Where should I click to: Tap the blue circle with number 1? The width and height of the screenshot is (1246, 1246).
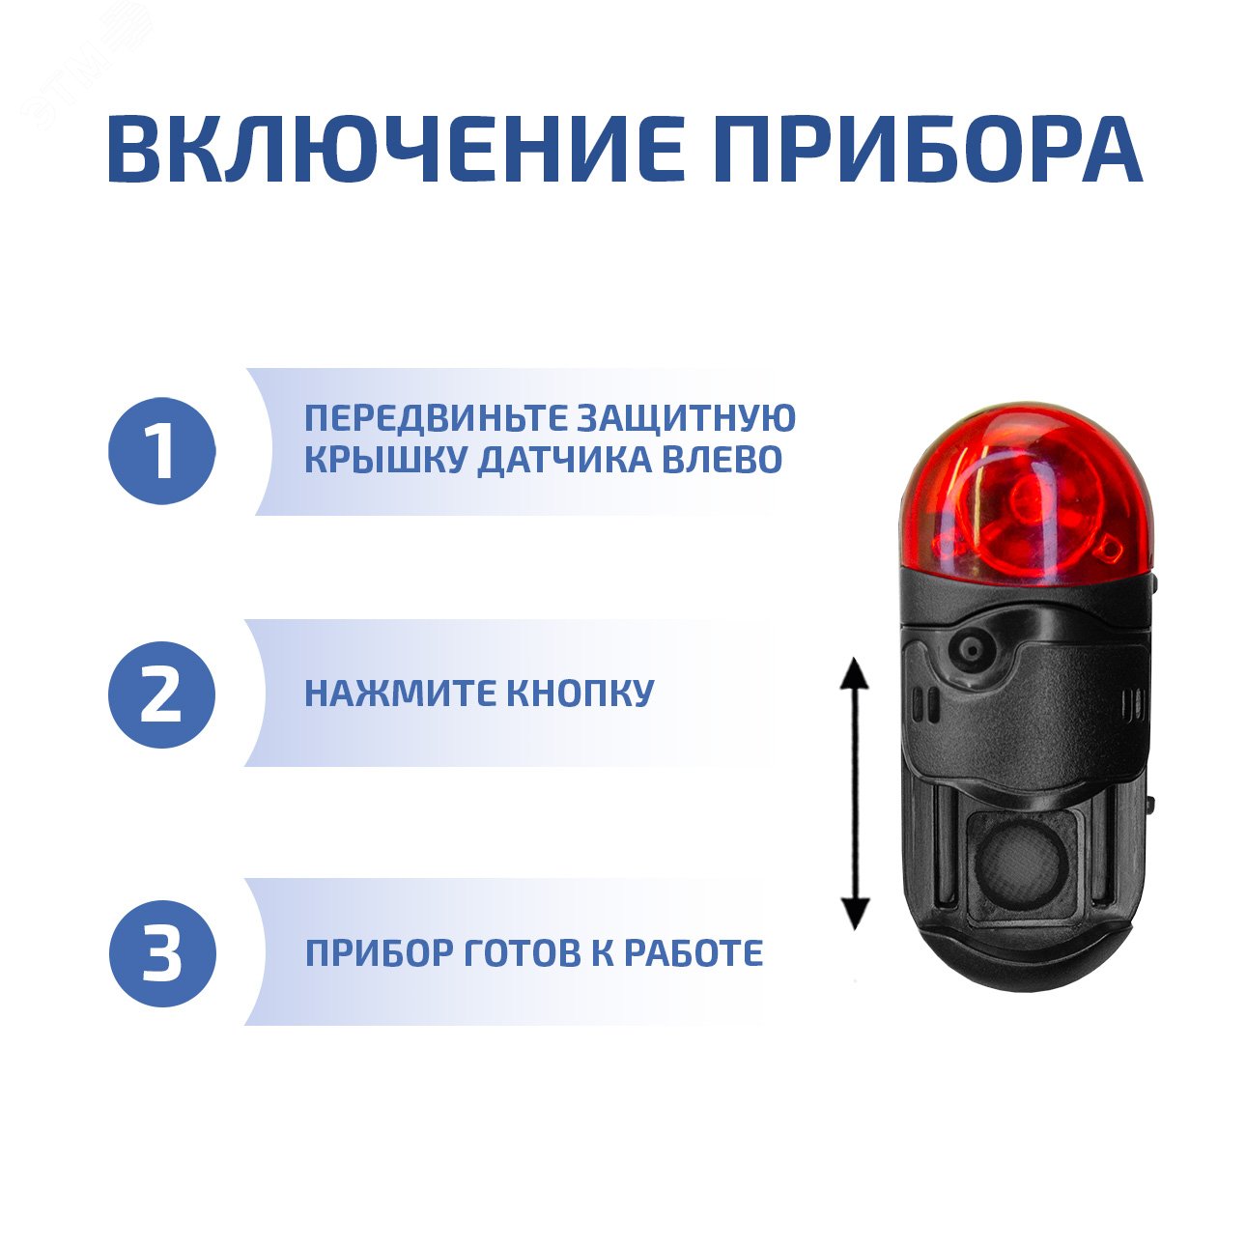160,451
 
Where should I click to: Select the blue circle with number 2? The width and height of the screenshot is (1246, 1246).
160,694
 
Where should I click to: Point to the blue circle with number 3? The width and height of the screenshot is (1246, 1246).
160,953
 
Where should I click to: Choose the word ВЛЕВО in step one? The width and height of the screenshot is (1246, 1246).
721,461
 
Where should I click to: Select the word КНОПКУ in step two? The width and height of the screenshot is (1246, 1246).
581,694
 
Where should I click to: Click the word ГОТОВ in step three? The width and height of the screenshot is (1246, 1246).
523,953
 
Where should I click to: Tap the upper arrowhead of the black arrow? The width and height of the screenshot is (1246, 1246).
854,672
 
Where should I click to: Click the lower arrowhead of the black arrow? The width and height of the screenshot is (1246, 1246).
855,914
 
